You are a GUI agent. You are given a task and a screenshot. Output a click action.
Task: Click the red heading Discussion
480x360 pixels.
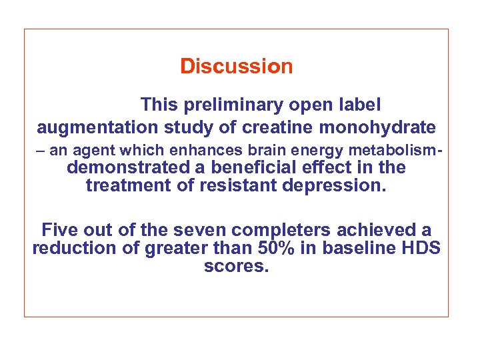coord(236,67)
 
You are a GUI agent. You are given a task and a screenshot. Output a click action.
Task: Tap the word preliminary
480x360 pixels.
coord(229,105)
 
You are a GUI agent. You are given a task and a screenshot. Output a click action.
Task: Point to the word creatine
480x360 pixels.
coord(282,127)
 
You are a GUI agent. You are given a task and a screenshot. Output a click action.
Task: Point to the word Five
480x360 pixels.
coord(60,231)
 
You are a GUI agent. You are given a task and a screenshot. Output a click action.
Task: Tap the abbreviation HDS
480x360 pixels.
coord(424,249)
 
